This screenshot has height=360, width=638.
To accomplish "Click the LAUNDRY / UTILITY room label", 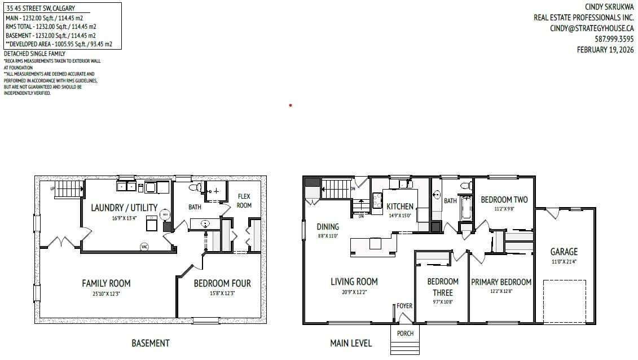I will tap(124, 208).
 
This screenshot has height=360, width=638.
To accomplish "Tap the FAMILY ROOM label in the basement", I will tap(106, 283).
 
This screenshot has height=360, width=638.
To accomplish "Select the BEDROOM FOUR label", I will tap(222, 283).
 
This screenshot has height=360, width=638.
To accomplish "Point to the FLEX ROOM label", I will tap(244, 201).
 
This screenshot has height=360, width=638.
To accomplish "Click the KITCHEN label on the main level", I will tap(400, 207).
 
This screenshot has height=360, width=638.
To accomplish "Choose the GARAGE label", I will tap(564, 252).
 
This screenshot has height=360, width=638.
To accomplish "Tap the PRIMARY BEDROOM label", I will tap(501, 282).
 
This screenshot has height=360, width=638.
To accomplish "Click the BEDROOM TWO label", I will tap(504, 200).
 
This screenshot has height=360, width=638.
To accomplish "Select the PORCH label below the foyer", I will tap(405, 333).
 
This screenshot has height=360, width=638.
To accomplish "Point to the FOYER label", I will tap(404, 306).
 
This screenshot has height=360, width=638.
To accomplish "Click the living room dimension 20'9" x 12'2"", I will tap(354, 292).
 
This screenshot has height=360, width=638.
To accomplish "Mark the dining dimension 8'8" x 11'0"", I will tap(327, 236).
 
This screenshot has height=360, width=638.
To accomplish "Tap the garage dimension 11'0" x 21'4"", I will tap(564, 261).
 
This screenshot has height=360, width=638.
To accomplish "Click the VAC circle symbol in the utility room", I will tap(144, 247).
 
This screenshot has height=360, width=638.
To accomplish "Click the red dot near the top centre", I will tap(290, 105).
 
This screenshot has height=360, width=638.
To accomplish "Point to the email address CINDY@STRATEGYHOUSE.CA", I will tap(592, 28).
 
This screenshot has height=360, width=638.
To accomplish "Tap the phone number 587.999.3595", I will tap(614, 39).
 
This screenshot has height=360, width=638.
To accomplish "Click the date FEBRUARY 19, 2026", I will tap(605, 50).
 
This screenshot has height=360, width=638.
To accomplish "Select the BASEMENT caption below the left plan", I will tap(150, 343).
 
